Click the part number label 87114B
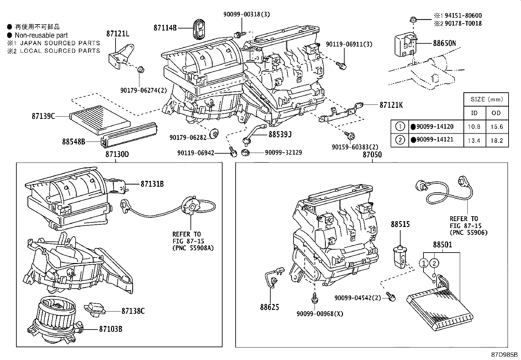(x=165, y=28)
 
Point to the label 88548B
(x=74, y=142)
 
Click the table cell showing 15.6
(x=496, y=127)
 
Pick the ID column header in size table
(x=474, y=113)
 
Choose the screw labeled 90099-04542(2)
(x=391, y=297)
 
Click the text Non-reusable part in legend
(x=41, y=35)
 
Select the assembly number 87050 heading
(x=372, y=155)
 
